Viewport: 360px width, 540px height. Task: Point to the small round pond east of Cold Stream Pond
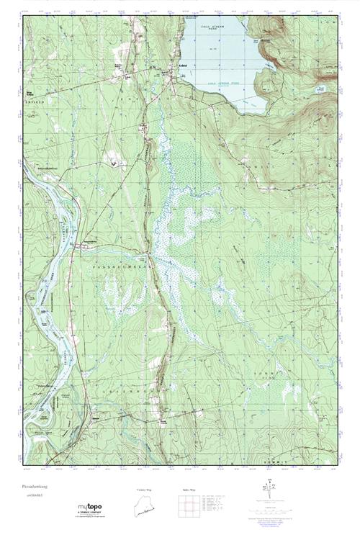(x=321, y=89)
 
